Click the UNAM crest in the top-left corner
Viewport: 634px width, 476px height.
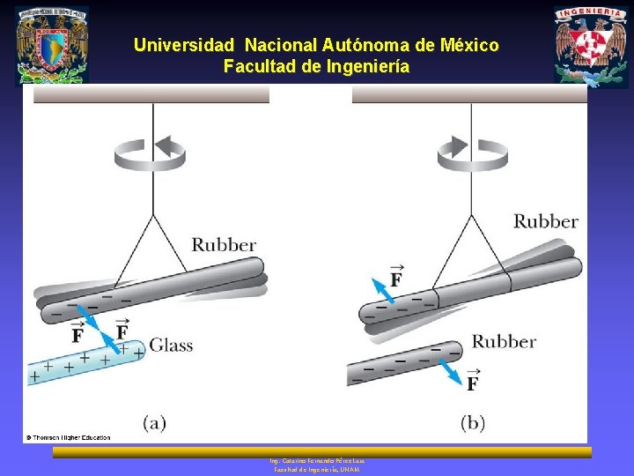pos(52,45)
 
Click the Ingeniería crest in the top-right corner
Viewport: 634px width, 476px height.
pos(591,47)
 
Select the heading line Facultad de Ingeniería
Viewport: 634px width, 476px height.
pos(316,66)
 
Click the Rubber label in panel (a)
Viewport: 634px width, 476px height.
pos(224,244)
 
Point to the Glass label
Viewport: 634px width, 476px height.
pos(171,345)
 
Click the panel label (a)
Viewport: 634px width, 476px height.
pos(154,423)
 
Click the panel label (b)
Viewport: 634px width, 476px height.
pos(473,423)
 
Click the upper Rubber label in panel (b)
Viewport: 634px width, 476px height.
pos(545,220)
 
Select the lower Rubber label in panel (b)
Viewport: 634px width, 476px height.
pos(504,341)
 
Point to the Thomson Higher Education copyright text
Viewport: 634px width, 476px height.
pos(68,437)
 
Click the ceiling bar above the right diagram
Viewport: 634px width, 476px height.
pos(469,94)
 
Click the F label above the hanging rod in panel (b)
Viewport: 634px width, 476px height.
pos(395,277)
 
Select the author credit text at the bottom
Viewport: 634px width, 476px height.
pos(317,465)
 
